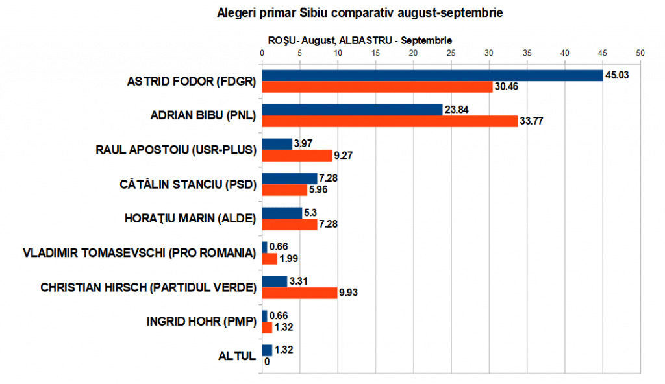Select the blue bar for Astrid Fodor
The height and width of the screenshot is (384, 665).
(x=432, y=76)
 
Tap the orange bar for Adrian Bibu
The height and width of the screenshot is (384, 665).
(x=390, y=121)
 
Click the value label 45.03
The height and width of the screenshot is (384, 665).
(x=618, y=76)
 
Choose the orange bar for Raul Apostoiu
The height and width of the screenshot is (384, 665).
(x=297, y=156)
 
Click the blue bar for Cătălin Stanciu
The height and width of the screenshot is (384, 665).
(x=289, y=178)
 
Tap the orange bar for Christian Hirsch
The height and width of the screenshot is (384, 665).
(x=299, y=293)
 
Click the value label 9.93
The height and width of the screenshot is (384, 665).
(x=349, y=293)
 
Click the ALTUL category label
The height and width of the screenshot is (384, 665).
(x=237, y=355)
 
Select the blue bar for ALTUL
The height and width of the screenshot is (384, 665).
(x=267, y=350)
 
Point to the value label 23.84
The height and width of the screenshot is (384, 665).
(x=457, y=110)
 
